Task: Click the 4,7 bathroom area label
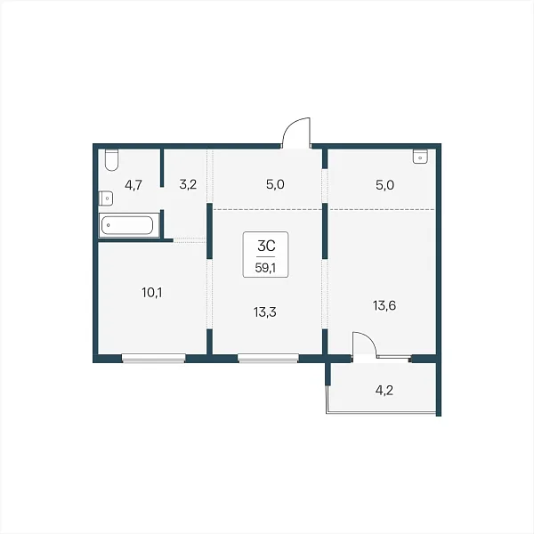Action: click(x=133, y=186)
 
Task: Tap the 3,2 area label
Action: click(x=188, y=185)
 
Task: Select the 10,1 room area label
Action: click(x=152, y=293)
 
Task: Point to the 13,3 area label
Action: click(x=265, y=312)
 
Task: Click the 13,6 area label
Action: click(x=384, y=306)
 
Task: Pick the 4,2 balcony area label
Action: click(x=384, y=391)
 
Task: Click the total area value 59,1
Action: click(x=265, y=268)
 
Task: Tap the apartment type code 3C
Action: click(x=266, y=246)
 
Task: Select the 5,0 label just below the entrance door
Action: click(x=275, y=185)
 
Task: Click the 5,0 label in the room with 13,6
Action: click(x=384, y=186)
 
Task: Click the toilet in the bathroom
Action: click(x=111, y=159)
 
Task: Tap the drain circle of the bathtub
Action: click(x=109, y=225)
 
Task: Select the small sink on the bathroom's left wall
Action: click(x=106, y=198)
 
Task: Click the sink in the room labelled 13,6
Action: click(x=421, y=157)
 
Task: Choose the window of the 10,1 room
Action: click(x=154, y=358)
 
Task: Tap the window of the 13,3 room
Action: click(x=269, y=358)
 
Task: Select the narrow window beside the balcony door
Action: click(x=394, y=357)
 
